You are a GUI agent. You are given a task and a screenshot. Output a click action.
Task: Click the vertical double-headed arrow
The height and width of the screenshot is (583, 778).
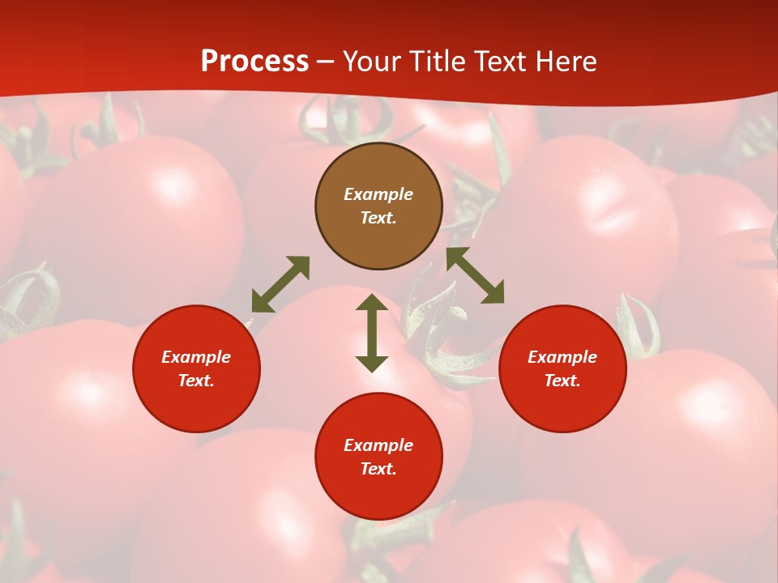click(x=372, y=333)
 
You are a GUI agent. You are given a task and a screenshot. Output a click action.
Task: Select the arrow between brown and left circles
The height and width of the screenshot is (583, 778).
click(x=280, y=284)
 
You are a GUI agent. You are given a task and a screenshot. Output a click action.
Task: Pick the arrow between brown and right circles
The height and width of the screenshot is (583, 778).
click(x=475, y=275)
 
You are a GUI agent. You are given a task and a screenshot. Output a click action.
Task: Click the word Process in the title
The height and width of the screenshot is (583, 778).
click(x=254, y=62)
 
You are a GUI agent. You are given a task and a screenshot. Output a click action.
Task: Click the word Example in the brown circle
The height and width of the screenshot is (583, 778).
click(x=378, y=194)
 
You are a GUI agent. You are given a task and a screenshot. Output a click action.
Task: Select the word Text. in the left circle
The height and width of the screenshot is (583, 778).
click(x=196, y=381)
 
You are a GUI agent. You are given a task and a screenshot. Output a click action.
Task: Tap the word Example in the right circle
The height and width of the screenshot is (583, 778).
click(x=562, y=357)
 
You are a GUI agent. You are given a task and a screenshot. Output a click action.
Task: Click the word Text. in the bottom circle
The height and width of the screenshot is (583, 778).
click(x=378, y=469)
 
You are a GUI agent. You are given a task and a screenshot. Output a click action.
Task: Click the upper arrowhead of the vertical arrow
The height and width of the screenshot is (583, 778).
click(x=372, y=303)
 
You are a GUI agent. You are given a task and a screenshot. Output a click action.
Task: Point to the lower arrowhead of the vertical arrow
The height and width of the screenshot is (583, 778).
click(x=372, y=364)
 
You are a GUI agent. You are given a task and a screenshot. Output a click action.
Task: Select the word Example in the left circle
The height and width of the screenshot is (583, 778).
click(x=196, y=357)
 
